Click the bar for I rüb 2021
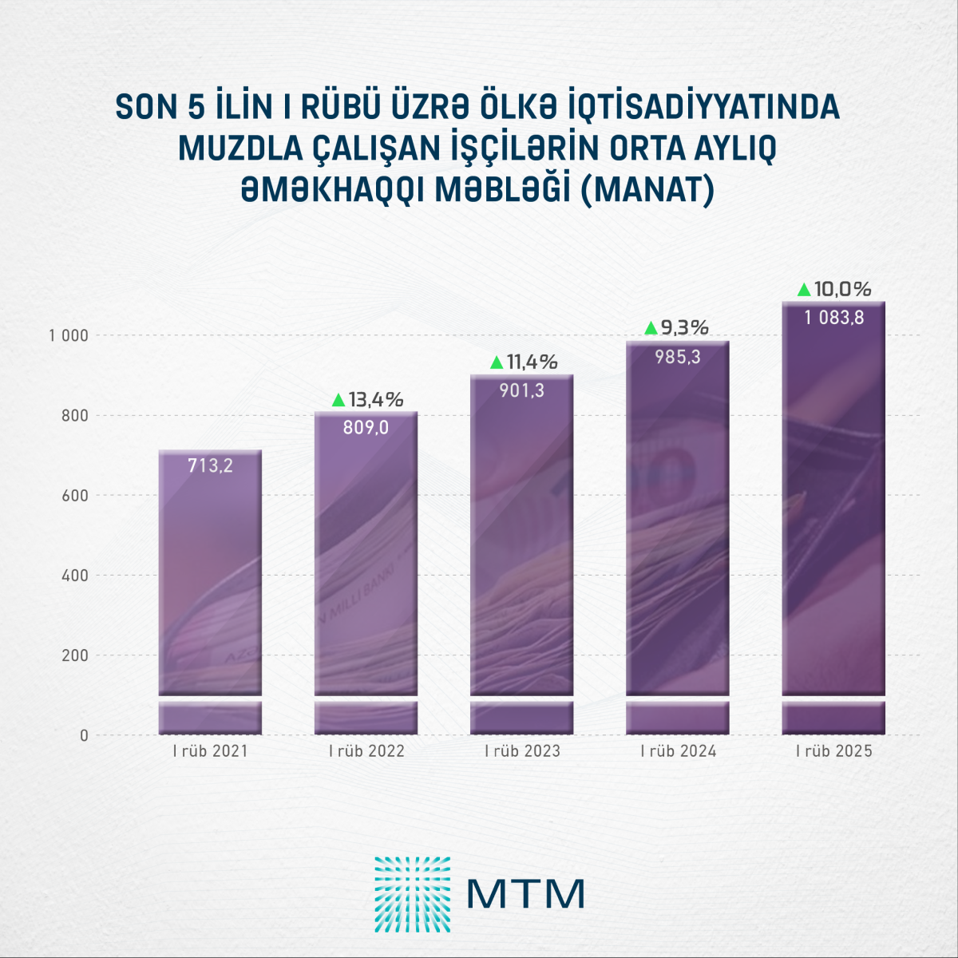(210, 575)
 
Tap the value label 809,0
(366, 428)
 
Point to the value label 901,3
(521, 391)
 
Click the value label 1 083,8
(833, 318)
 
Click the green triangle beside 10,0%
(804, 290)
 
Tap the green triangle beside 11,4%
(496, 362)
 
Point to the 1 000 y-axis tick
(68, 335)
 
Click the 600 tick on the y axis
(75, 496)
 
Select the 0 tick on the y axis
(84, 735)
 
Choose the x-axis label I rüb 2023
(522, 751)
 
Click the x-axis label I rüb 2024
(678, 751)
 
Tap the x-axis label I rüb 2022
(366, 751)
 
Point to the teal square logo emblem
(412, 894)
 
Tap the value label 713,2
(210, 465)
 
